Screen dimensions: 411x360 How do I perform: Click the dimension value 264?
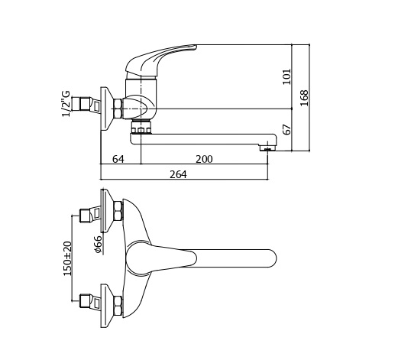pyautogui.click(x=178, y=174)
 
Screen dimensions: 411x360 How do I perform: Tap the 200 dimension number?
pyautogui.click(x=204, y=159)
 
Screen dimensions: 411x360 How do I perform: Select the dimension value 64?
pyautogui.click(x=118, y=159)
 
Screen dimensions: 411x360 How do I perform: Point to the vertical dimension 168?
pyautogui.click(x=304, y=98)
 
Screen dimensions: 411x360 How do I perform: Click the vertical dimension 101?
pyautogui.click(x=287, y=76)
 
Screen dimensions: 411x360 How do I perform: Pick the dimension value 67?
pyautogui.click(x=287, y=129)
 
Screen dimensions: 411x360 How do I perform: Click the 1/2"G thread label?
pyautogui.click(x=66, y=104)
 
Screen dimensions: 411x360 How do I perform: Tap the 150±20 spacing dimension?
pyautogui.click(x=68, y=258)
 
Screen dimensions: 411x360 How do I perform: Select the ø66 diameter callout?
pyautogui.click(x=98, y=245)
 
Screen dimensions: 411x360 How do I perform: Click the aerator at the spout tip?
pyautogui.click(x=267, y=148)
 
